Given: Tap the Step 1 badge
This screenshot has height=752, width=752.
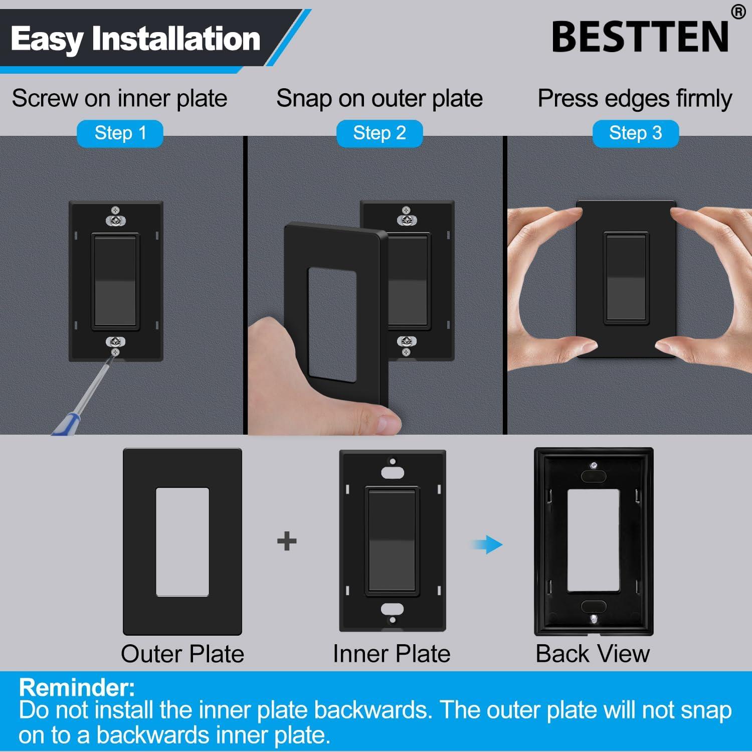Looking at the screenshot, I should (120, 133).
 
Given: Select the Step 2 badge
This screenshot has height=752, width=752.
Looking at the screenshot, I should (379, 133).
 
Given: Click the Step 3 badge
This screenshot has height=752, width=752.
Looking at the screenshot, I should (635, 133).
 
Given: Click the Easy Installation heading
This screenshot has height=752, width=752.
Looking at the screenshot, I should (135, 39).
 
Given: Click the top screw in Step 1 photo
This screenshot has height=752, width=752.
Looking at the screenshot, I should (115, 209).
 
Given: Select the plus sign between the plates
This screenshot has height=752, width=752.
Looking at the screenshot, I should (287, 541).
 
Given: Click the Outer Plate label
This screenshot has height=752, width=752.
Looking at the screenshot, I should (182, 654).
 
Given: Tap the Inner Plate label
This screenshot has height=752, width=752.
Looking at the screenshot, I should (392, 654).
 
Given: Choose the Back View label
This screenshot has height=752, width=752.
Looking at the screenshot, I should (593, 654).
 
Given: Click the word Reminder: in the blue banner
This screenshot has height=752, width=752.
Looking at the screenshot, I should (77, 687).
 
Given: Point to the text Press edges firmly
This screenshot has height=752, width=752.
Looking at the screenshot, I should (635, 98).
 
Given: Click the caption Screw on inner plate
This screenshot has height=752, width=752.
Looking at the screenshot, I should (119, 98).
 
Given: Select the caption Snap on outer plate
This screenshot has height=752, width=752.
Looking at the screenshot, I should (379, 98).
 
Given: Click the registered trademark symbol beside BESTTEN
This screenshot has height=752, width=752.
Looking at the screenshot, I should (738, 12).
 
